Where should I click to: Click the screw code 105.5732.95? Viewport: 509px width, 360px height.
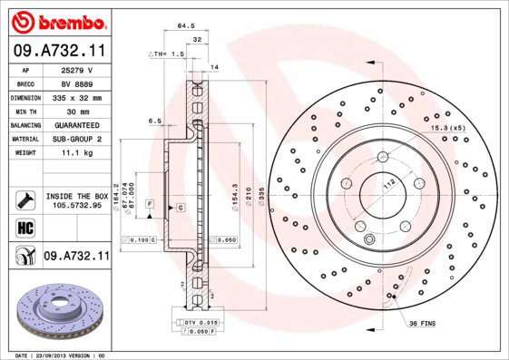[x=76, y=206]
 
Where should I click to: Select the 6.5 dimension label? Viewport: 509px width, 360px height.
[x=154, y=121]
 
